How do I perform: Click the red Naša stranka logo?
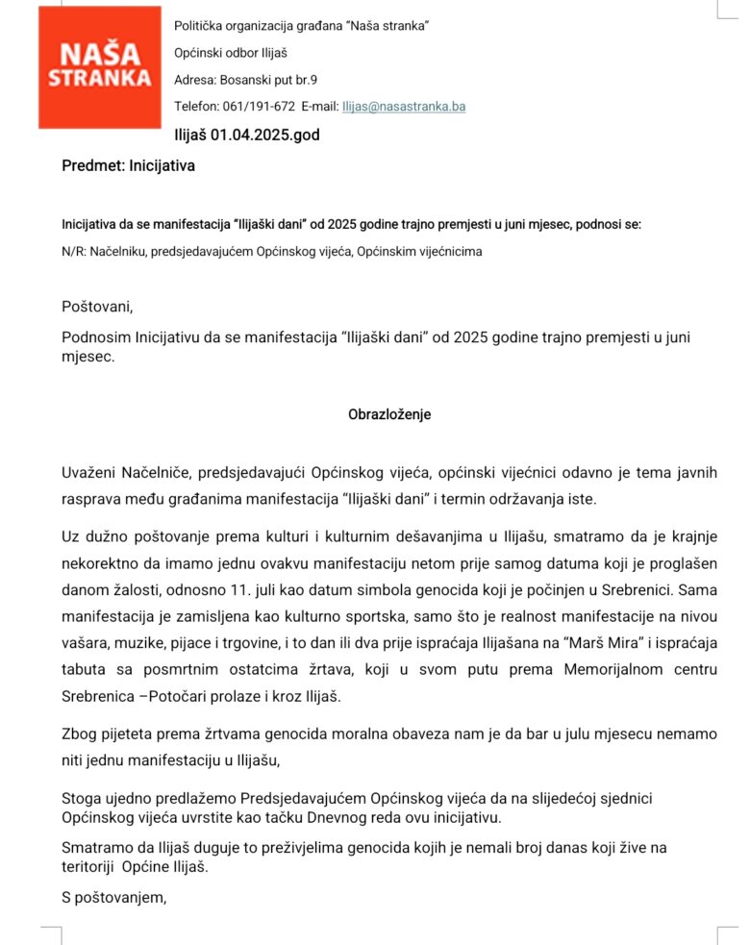click(x=100, y=66)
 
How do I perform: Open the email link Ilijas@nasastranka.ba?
click(x=404, y=107)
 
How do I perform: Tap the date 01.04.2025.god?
click(x=264, y=136)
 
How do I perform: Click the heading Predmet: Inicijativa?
click(x=128, y=166)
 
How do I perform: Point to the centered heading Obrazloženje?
click(x=389, y=415)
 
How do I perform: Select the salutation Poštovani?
click(x=97, y=308)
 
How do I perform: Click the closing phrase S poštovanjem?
click(x=114, y=899)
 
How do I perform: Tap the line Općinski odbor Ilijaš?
click(x=232, y=52)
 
